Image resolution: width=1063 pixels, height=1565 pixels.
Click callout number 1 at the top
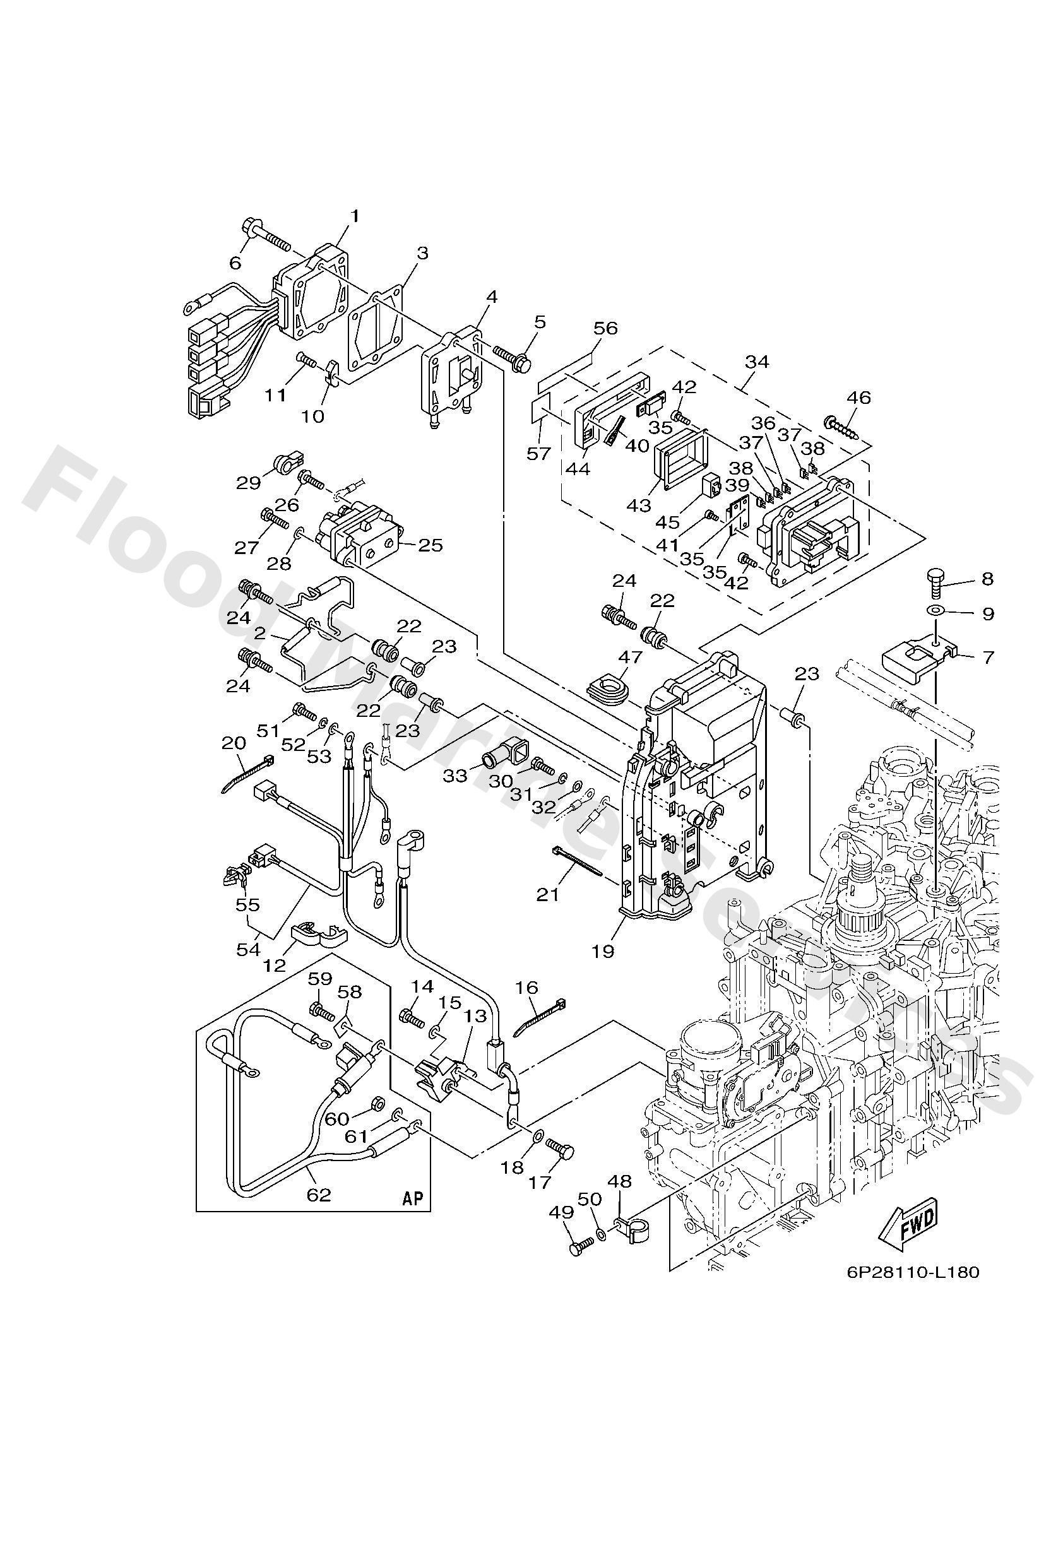[x=354, y=216]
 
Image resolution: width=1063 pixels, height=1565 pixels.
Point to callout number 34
[x=757, y=362]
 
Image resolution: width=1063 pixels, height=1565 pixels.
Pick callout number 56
[x=605, y=328]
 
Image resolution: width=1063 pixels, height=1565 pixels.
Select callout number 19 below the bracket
[x=603, y=951]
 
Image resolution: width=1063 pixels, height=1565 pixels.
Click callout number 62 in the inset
[x=319, y=1195]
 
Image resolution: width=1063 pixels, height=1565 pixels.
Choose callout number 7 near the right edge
[x=987, y=656]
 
